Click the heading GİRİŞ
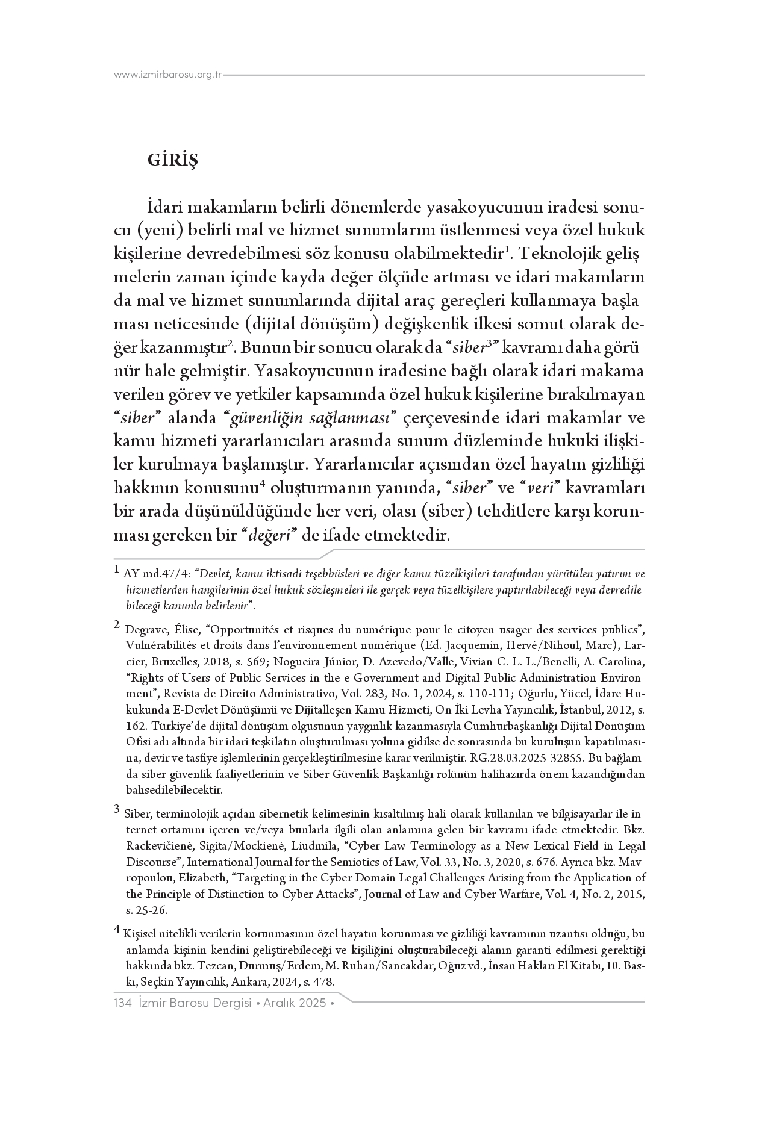172,161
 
